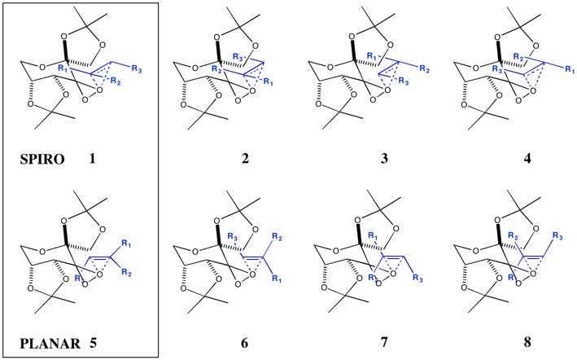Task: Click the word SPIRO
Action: [42, 159]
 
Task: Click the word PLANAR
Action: [50, 344]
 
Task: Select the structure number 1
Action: [92, 159]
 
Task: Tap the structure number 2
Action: [245, 159]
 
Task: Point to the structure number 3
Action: [384, 159]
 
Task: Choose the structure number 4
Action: [527, 159]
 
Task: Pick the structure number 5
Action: [92, 344]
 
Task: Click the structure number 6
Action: [245, 343]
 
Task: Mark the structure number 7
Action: [384, 343]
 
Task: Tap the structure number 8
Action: [527, 343]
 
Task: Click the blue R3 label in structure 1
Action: [137, 69]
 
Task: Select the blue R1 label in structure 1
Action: [63, 69]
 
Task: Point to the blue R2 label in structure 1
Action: [116, 81]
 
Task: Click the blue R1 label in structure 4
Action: [570, 69]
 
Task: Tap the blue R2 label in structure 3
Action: [425, 69]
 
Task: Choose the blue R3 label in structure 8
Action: [557, 238]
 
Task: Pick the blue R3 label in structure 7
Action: [417, 278]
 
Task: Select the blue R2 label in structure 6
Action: [277, 238]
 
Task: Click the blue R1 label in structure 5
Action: [126, 244]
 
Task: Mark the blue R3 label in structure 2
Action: [238, 57]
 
